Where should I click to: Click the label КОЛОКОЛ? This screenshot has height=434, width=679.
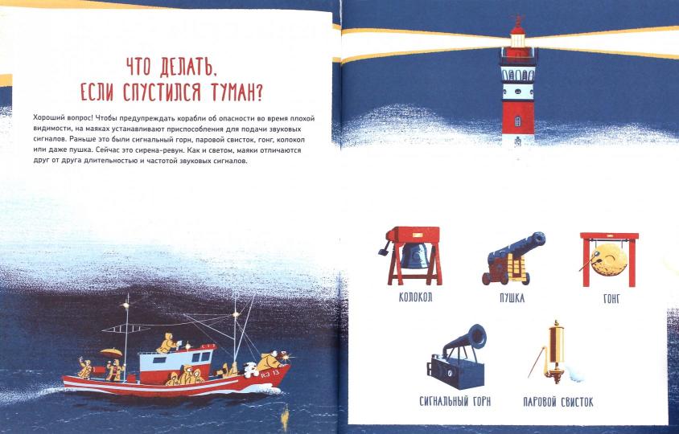click(x=415, y=297)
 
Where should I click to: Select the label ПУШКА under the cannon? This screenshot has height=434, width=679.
click(x=512, y=297)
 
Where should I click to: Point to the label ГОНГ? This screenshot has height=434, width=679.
click(x=611, y=298)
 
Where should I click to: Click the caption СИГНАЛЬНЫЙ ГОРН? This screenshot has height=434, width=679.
click(x=455, y=401)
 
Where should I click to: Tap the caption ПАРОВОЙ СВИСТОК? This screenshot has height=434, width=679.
click(x=558, y=402)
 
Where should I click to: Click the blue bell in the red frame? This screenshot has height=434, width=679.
click(x=414, y=256)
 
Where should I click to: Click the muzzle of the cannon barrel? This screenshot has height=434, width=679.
click(x=539, y=239)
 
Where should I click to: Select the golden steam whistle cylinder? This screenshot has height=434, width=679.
click(x=556, y=345)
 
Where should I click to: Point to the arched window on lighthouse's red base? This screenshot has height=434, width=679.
click(x=517, y=121)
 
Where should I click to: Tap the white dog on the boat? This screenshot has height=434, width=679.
click(x=250, y=370)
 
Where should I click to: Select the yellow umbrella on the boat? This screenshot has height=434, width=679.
click(x=111, y=352)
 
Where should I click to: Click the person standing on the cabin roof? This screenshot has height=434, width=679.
click(x=167, y=343)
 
